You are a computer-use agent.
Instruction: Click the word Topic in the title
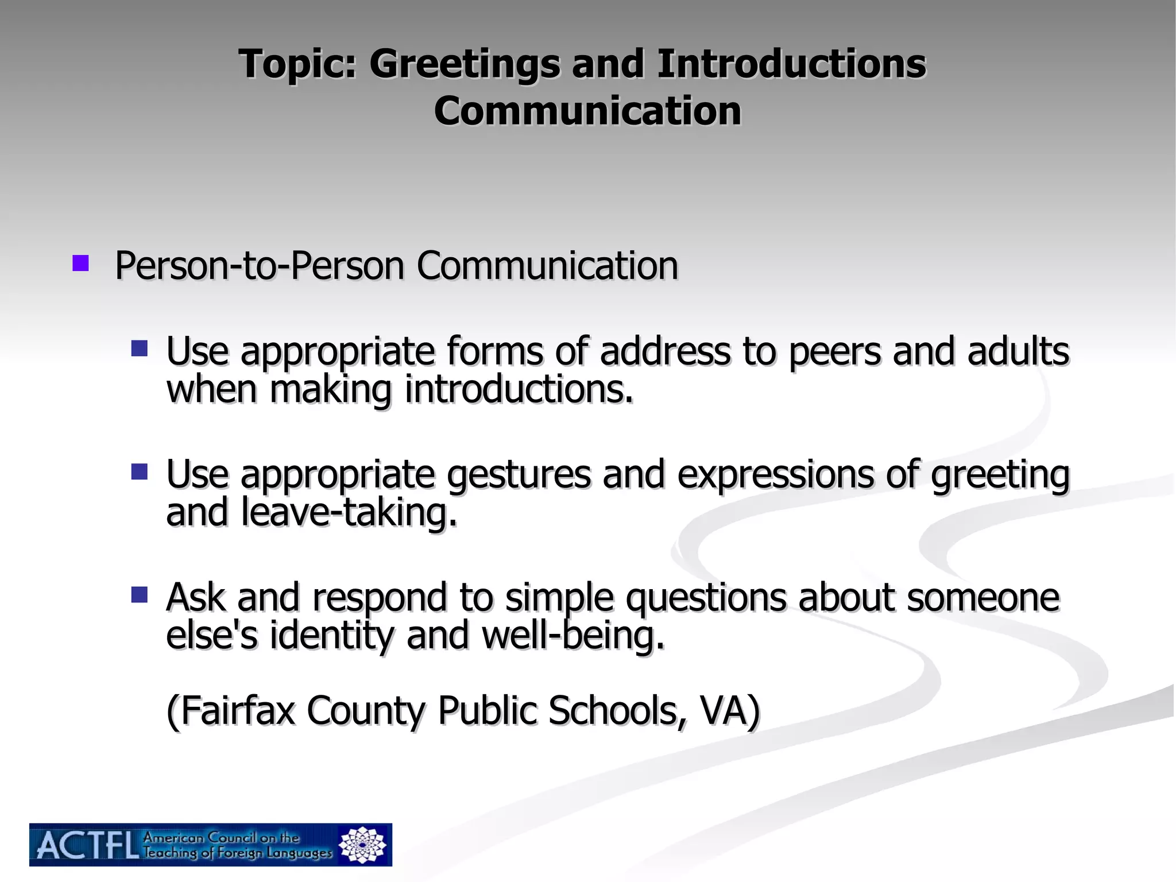tap(297, 64)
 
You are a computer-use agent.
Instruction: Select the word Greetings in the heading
tap(464, 64)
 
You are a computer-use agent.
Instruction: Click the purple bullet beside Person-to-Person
tap(80, 264)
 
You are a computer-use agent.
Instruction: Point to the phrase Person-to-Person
tap(260, 266)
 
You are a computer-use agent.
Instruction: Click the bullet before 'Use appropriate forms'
tap(140, 349)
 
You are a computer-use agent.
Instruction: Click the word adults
tap(1018, 351)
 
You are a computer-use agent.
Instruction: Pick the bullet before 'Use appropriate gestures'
tap(140, 471)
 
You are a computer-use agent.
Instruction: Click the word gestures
tap(519, 475)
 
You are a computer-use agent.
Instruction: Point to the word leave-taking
tap(349, 512)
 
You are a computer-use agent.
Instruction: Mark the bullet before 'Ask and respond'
tap(140, 594)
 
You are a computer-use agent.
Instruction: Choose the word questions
tap(706, 598)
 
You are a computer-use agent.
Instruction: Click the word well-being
tap(573, 636)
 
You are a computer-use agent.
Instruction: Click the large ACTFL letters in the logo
tap(88, 845)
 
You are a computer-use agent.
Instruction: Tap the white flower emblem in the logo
tap(362, 845)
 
